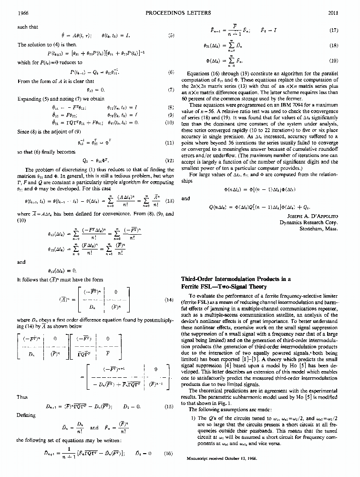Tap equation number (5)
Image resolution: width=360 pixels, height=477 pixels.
pyautogui.click(x=171, y=35)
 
